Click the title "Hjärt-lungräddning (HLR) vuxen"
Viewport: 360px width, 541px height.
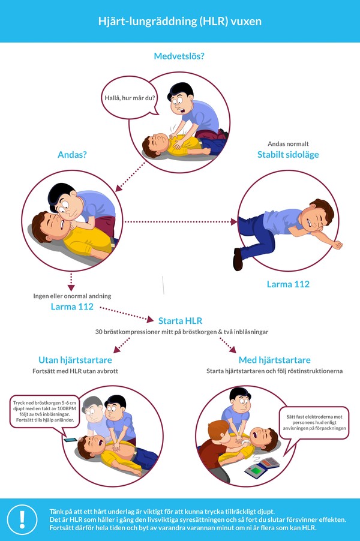[180, 21]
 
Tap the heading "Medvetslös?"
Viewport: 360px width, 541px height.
[180, 57]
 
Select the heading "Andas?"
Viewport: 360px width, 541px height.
[72, 154]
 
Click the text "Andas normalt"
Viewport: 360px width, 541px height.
[289, 144]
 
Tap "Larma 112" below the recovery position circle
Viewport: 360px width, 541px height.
[288, 284]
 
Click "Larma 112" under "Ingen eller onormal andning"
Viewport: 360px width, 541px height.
[72, 306]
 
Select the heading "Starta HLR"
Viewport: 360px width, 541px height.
[179, 321]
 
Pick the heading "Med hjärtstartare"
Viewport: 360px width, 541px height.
[274, 360]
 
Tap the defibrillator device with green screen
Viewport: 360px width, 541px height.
[262, 466]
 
